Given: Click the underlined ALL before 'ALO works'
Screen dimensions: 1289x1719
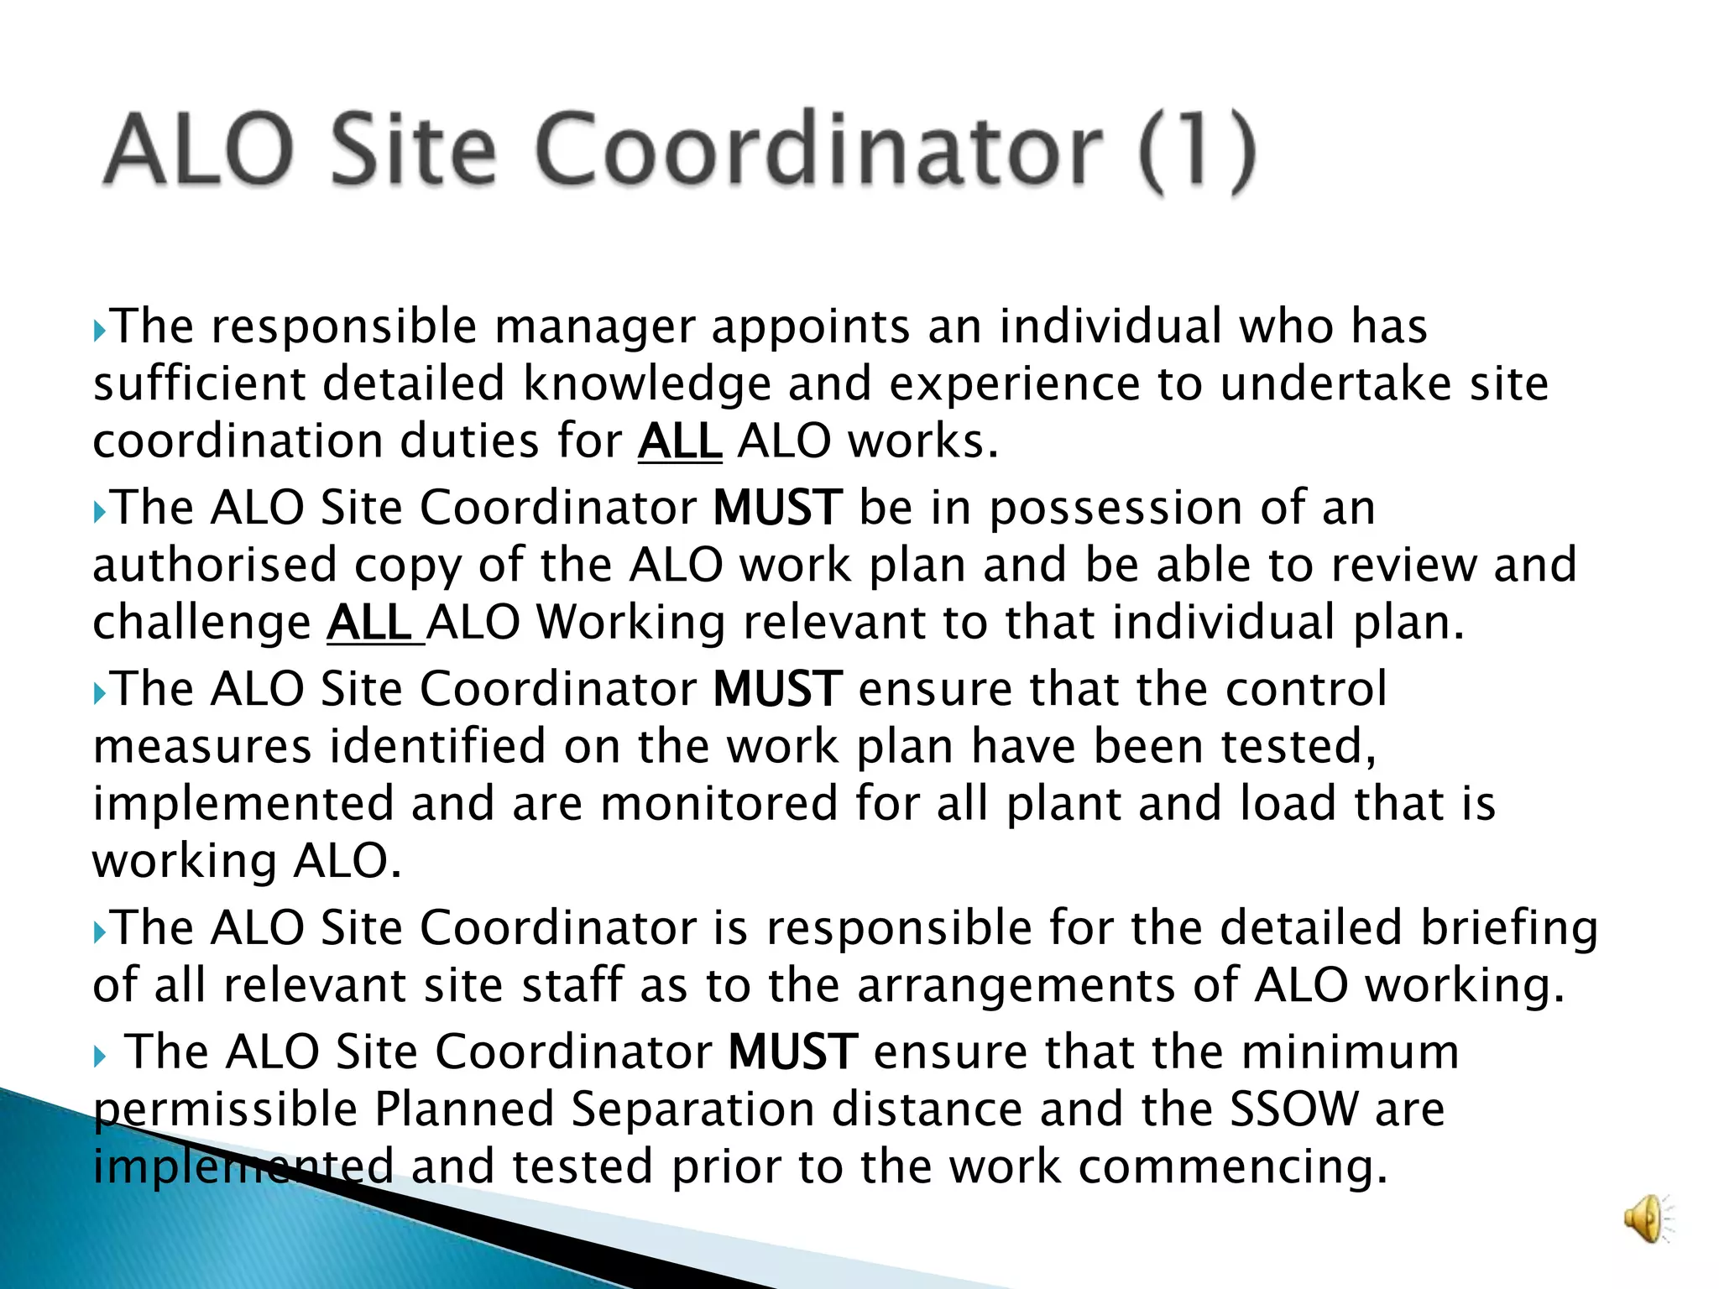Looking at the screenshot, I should [x=680, y=441].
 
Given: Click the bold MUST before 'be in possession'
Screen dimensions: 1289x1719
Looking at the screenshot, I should [x=777, y=508].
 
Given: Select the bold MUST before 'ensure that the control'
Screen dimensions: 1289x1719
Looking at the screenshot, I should [x=777, y=689].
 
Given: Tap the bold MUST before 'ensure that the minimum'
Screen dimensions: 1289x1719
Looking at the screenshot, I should [x=792, y=1052].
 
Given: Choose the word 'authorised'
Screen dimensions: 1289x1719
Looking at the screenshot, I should [x=215, y=565].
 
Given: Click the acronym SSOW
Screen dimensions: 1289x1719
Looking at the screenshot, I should [x=1293, y=1109].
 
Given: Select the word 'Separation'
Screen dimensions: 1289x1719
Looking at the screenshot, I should [x=692, y=1109].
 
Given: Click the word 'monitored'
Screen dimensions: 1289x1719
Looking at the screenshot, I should [x=719, y=804].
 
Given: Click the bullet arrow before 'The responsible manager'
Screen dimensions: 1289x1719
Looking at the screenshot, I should [x=100, y=330].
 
